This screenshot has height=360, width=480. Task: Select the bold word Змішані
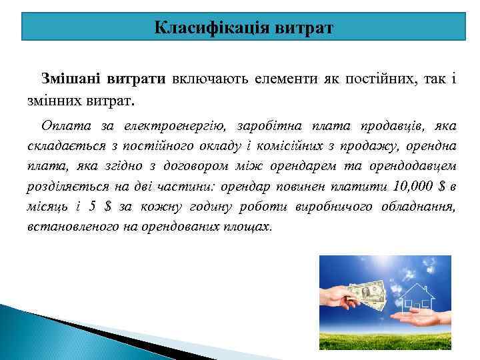(x=72, y=79)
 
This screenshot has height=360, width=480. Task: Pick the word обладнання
(x=418, y=207)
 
